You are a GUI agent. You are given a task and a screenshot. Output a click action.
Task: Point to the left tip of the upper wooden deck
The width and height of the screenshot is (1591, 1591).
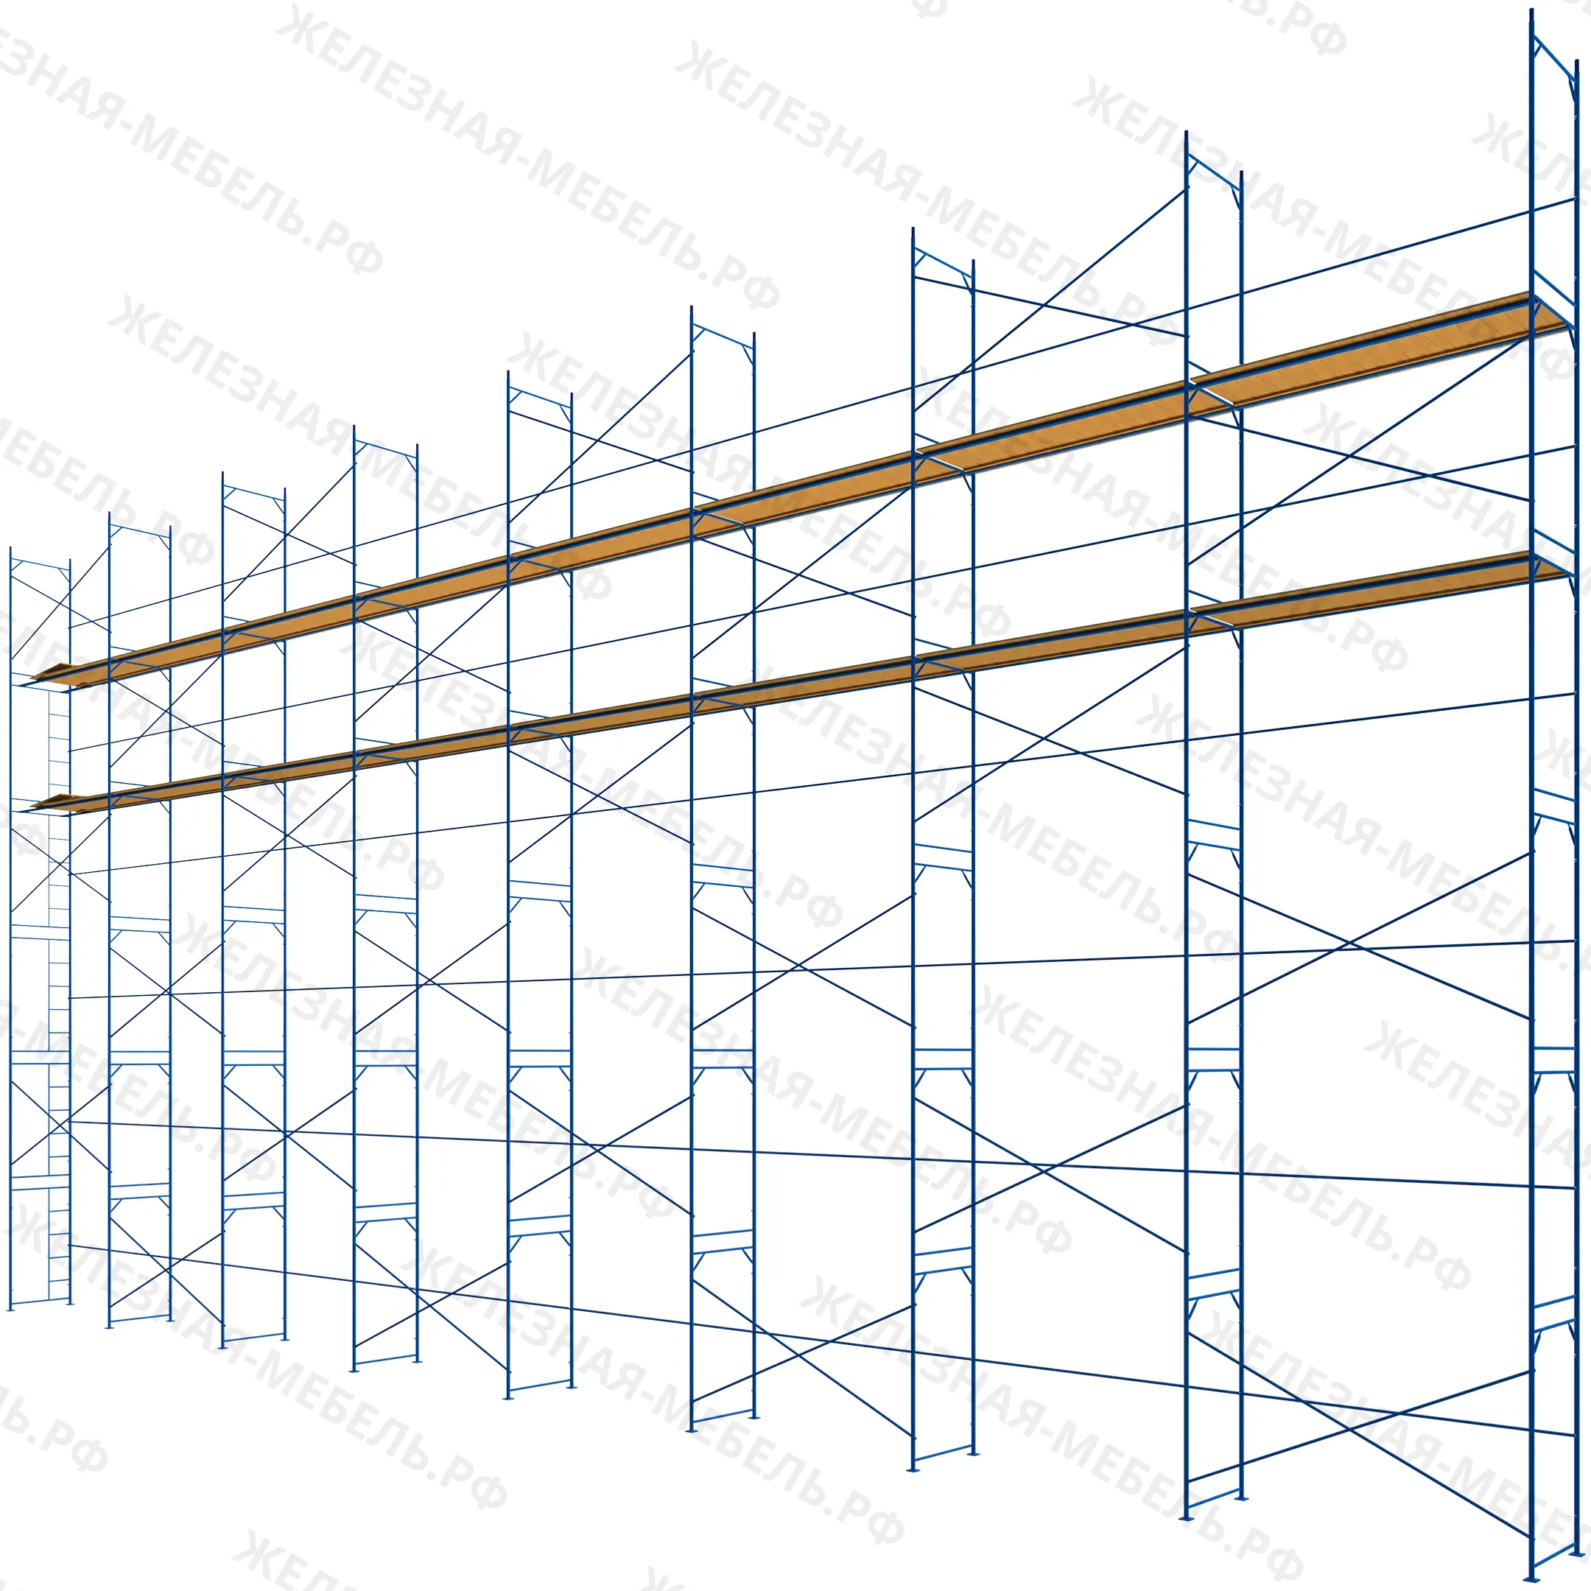(x=31, y=679)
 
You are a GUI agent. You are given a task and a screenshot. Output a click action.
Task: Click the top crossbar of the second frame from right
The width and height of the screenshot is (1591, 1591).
(x=1214, y=172)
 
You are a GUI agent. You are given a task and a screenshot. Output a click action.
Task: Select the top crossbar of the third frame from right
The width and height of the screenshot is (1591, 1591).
(x=943, y=263)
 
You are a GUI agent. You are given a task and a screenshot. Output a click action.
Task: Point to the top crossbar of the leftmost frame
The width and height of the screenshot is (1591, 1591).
(x=40, y=565)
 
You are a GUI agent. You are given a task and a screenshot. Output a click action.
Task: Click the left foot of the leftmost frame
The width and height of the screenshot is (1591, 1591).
(x=10, y=1307)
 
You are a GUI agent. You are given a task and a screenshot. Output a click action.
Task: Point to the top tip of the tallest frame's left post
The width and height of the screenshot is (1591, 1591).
(x=1532, y=10)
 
